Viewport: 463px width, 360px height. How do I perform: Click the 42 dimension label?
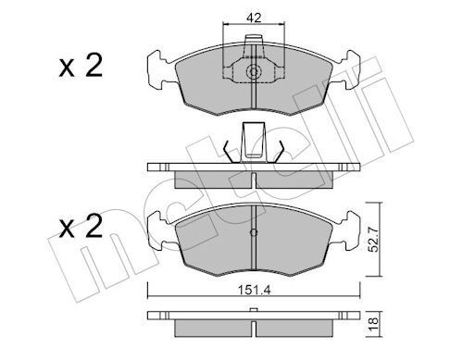(x=253, y=16)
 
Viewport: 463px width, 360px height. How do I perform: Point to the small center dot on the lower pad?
(x=253, y=232)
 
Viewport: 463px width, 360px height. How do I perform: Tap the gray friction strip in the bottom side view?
(x=253, y=329)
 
